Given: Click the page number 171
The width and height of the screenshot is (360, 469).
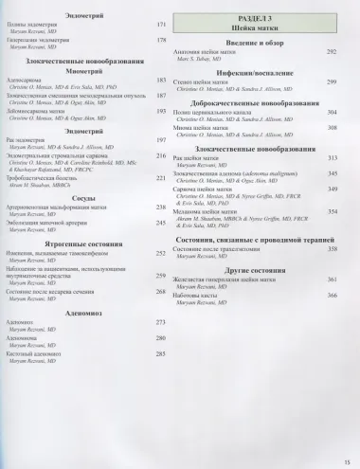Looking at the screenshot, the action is click(162, 24).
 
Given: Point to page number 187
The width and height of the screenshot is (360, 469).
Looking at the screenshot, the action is click(162, 97).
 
